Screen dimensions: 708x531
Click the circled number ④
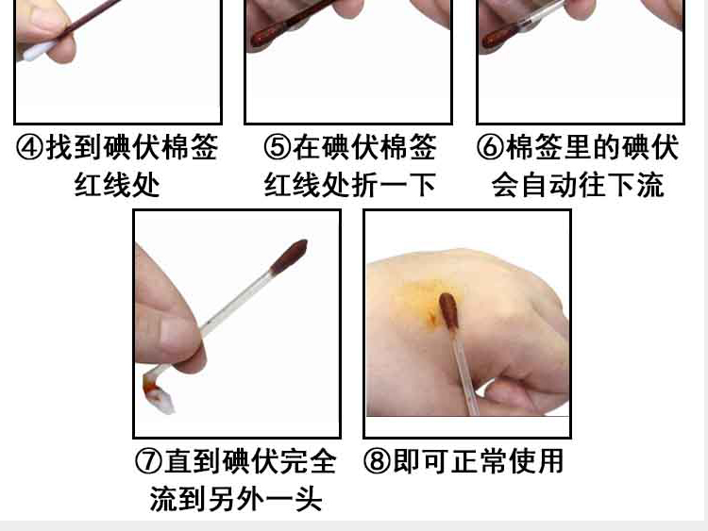[30, 147]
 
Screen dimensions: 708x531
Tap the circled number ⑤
[278, 147]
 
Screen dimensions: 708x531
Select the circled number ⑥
[491, 147]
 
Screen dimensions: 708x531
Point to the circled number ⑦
[148, 461]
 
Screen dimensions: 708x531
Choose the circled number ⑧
[378, 461]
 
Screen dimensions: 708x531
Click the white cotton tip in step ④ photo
[37, 51]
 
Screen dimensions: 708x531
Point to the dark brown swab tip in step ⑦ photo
[290, 257]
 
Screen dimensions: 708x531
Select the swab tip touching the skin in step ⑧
[448, 309]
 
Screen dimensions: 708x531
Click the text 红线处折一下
[349, 185]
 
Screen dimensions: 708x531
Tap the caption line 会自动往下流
[578, 185]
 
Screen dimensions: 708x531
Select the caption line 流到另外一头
[236, 499]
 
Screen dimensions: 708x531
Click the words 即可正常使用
[478, 461]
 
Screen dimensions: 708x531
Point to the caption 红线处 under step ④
[117, 185]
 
